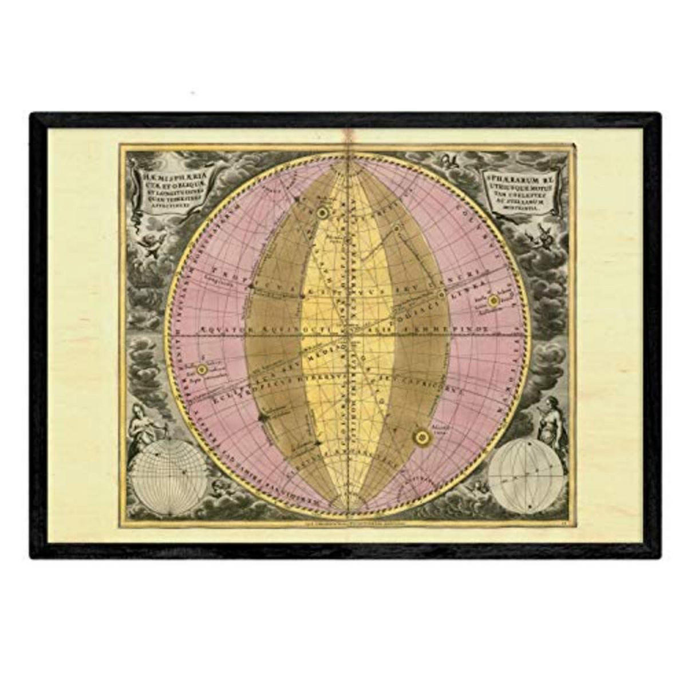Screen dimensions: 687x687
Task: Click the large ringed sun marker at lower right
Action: (422, 437)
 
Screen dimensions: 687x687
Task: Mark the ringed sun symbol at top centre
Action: (322, 212)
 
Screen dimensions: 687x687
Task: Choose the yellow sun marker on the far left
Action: (202, 369)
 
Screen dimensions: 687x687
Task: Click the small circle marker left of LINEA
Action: (441, 294)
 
